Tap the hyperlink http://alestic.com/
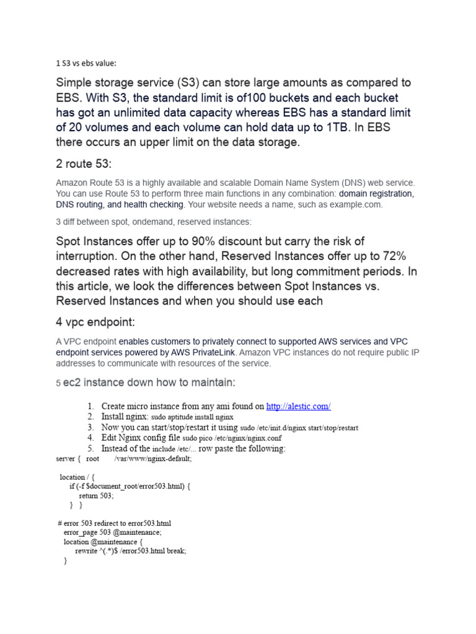point(298,406)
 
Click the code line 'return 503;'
point(96,496)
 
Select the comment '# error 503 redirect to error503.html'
point(113,523)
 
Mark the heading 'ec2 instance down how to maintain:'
point(149,383)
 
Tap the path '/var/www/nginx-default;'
point(153,459)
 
